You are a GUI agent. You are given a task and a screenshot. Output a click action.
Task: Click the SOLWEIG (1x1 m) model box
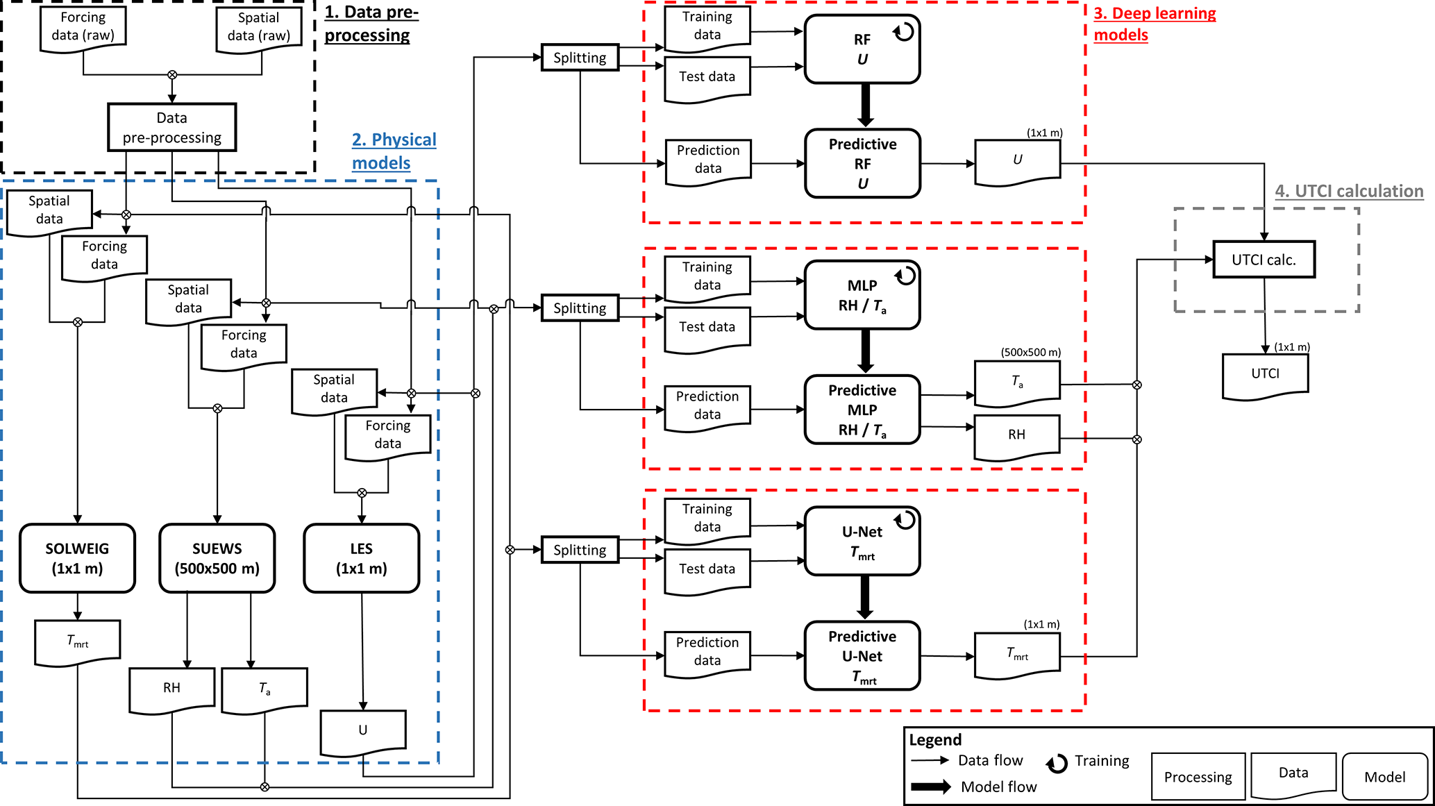[x=77, y=558]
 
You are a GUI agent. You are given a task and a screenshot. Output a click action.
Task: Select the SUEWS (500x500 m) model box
[x=217, y=558]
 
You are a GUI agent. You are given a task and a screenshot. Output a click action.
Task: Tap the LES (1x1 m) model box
[x=361, y=558]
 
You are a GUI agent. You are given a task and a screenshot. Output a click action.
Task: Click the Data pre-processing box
[x=171, y=128]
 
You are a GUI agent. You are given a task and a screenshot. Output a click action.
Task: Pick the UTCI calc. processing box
[x=1264, y=260]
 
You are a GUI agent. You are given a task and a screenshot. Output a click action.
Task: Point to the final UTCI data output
[x=1265, y=376]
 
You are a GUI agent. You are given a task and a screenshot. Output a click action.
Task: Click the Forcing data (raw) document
[x=83, y=28]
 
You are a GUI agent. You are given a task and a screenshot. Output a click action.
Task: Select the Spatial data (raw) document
[x=259, y=28]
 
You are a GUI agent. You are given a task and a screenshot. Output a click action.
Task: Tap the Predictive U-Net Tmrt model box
[x=862, y=656]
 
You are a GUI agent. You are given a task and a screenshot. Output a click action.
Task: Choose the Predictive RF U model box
[x=862, y=164]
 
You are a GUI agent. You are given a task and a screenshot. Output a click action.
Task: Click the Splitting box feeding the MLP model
[x=580, y=308]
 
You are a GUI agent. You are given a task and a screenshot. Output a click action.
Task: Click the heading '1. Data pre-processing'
[x=371, y=24]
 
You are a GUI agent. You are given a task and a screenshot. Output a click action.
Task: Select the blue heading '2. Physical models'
[x=394, y=151]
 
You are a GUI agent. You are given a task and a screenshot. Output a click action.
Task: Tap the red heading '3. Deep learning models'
[x=1155, y=24]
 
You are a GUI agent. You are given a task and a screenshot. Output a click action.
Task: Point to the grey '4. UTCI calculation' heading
[x=1349, y=191]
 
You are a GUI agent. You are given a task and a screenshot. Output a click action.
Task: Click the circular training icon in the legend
[x=1057, y=764]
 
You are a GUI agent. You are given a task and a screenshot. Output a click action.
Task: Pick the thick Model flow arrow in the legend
[x=931, y=787]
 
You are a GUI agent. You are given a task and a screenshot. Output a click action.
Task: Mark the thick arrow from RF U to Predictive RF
[x=865, y=106]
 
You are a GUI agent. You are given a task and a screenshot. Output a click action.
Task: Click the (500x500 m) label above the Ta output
[x=1030, y=352]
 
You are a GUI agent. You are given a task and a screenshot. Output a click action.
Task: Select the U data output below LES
[x=362, y=731]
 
